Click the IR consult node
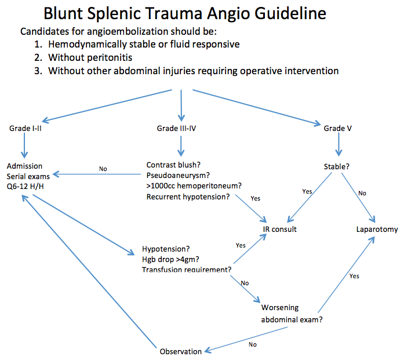click(x=279, y=229)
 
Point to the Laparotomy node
click(x=377, y=229)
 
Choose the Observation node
click(x=181, y=351)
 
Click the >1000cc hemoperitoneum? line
click(x=194, y=186)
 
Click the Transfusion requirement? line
click(x=187, y=270)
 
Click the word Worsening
click(x=281, y=307)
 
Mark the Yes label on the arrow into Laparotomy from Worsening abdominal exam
click(x=354, y=276)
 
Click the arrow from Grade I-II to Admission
click(x=24, y=145)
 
